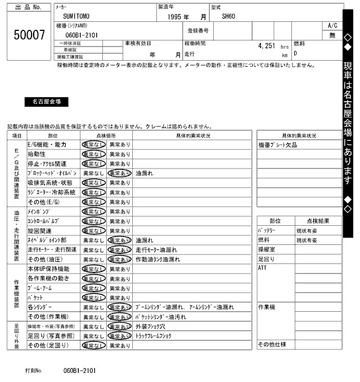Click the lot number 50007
click(29, 35)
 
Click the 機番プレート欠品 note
click(277, 145)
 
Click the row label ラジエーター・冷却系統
click(51, 192)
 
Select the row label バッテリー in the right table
click(269, 231)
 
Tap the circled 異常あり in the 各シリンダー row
click(119, 307)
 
